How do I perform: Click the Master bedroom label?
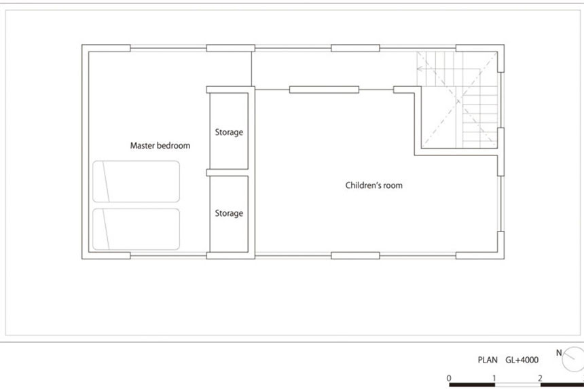point(160,145)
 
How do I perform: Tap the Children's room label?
point(374,185)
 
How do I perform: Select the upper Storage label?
point(229,132)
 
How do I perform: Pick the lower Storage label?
point(229,213)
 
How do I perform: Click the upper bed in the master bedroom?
point(136,181)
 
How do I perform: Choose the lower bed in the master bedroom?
point(136,229)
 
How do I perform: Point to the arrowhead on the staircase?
point(420,69)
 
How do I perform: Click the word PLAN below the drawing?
point(488,360)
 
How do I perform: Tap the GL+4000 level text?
point(522,360)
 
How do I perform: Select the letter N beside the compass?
point(559,352)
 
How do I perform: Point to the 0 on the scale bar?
point(449,378)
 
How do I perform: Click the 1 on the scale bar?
point(494,378)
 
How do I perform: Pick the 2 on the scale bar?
point(540,378)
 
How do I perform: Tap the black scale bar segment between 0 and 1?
point(472,385)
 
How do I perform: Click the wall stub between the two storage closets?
point(227,172)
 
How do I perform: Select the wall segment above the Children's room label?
point(324,90)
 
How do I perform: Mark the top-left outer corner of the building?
point(82,45)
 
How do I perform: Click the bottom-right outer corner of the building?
point(504,259)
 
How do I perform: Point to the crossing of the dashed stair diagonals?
point(458,100)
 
